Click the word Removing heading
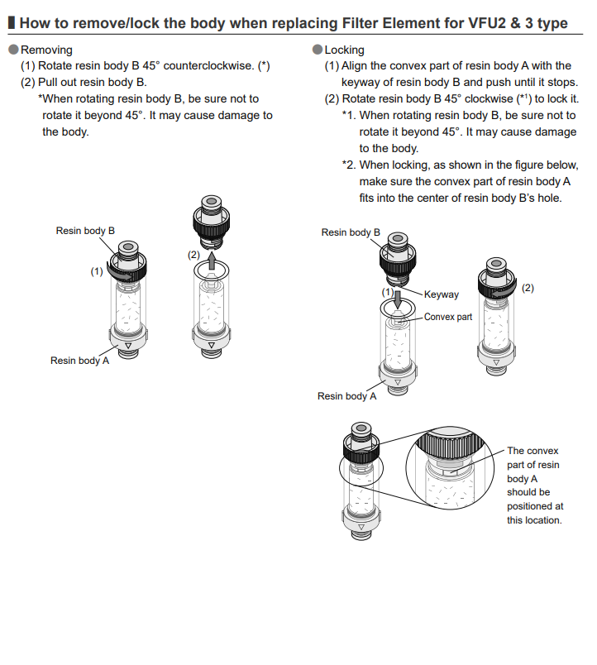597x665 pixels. (46, 50)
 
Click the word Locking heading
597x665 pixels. (344, 50)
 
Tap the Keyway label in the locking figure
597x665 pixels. (441, 294)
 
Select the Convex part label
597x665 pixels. (448, 317)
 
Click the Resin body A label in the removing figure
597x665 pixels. (79, 361)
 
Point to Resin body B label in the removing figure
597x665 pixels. (85, 231)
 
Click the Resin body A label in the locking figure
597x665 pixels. (346, 396)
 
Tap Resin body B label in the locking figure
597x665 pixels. (351, 232)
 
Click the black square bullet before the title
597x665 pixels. (11, 23)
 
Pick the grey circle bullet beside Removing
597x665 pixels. (13, 50)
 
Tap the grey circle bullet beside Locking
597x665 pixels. (318, 50)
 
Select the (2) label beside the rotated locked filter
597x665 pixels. (528, 288)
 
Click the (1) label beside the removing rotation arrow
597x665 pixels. (97, 270)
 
